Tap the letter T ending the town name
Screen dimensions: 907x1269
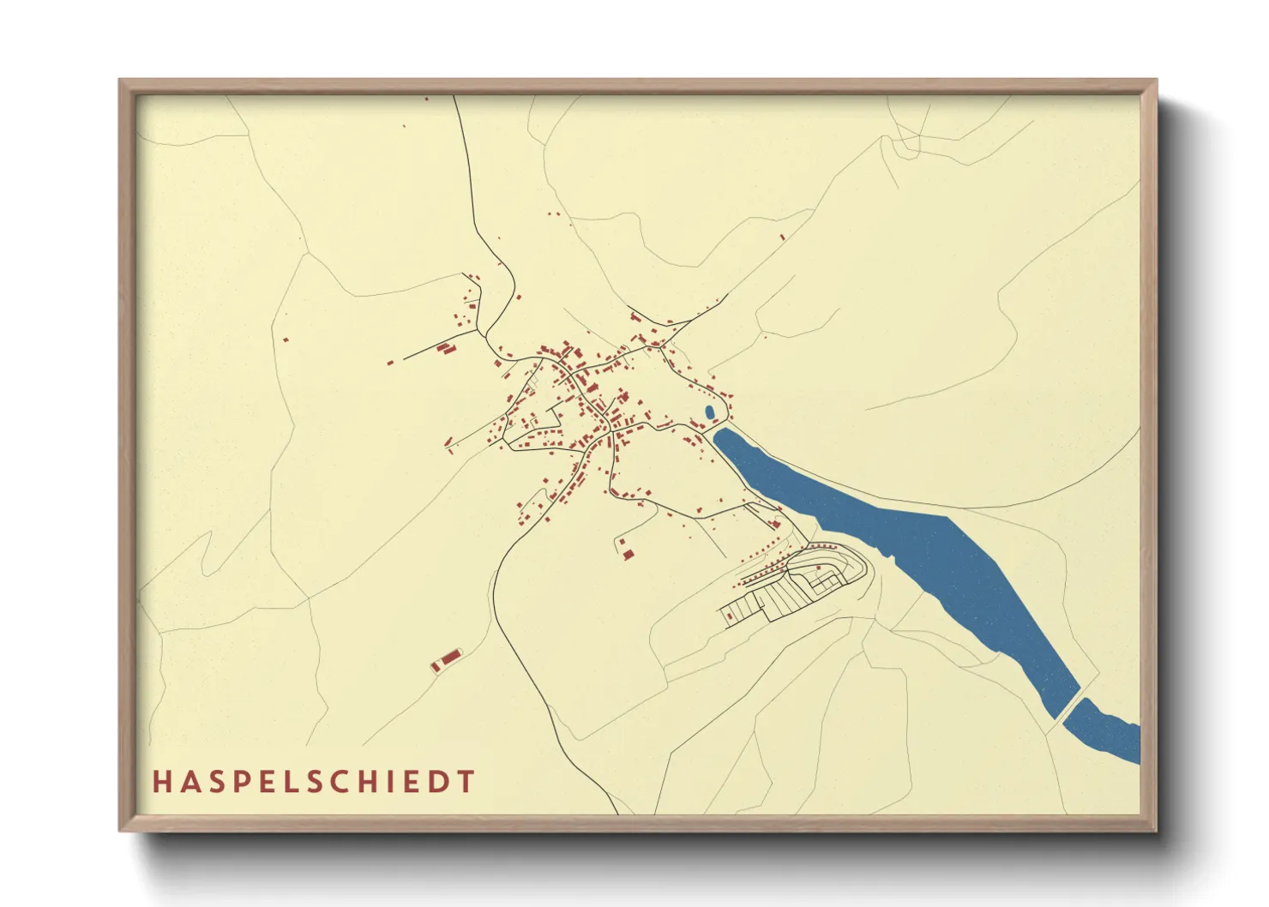[466, 782]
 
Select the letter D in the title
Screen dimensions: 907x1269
[439, 782]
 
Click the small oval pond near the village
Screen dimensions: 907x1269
[709, 413]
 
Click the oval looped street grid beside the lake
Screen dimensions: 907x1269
[823, 570]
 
